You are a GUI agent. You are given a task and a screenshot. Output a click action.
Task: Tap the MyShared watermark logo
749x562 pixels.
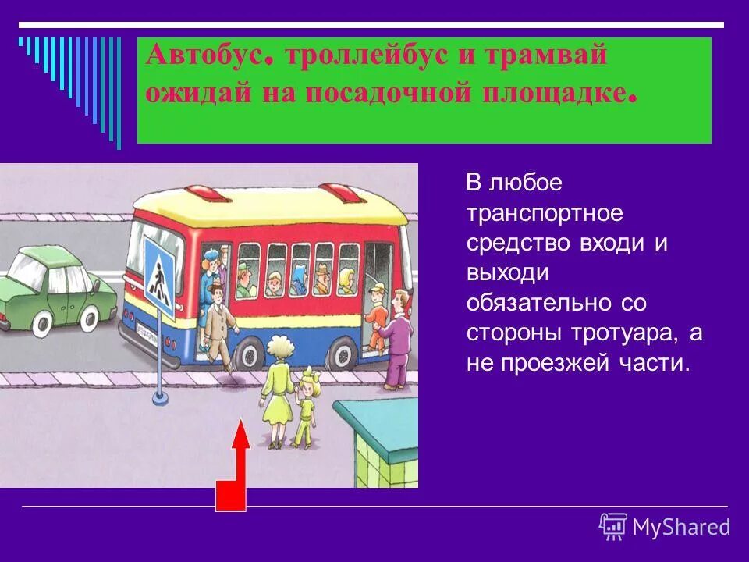coord(664,527)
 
